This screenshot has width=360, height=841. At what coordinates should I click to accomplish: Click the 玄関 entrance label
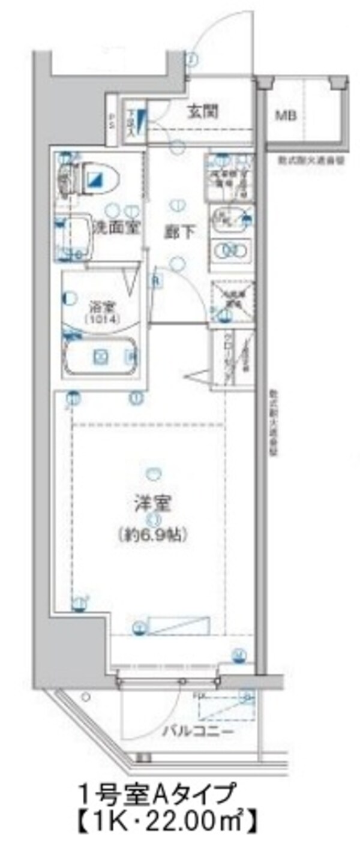(202, 112)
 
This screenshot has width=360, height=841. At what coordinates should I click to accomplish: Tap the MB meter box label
(286, 115)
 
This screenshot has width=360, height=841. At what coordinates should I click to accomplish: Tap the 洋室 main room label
(154, 501)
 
